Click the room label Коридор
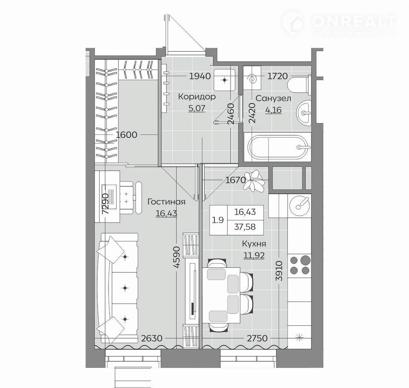click(x=197, y=97)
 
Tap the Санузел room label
click(x=274, y=98)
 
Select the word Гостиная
click(x=167, y=202)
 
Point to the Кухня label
click(x=254, y=244)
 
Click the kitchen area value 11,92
click(x=254, y=255)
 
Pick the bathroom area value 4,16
click(x=274, y=110)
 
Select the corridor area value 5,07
click(x=197, y=108)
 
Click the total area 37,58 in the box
click(x=245, y=227)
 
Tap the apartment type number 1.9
click(x=218, y=220)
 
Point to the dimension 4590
click(x=177, y=257)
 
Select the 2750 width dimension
click(x=257, y=339)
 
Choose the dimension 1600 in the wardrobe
click(x=126, y=135)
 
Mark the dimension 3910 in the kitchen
click(x=279, y=271)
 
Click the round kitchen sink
click(x=300, y=204)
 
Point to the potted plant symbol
click(x=253, y=181)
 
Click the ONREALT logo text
click(x=354, y=21)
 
